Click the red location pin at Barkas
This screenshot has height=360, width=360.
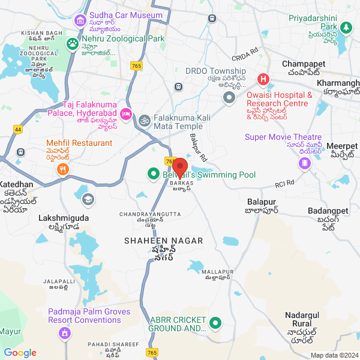(x=180, y=167)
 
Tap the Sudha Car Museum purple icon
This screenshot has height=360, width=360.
(x=80, y=21)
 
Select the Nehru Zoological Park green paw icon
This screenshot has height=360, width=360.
(x=73, y=43)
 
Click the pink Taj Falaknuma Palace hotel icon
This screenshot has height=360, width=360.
(x=126, y=113)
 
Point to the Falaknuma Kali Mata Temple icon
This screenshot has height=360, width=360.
(x=143, y=119)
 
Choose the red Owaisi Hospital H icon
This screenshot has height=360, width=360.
(x=263, y=79)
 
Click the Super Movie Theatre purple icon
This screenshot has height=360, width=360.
(x=305, y=163)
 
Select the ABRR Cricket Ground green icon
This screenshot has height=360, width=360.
(x=215, y=325)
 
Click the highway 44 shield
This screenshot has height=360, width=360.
(x=17, y=129)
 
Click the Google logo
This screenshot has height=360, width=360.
(x=20, y=353)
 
